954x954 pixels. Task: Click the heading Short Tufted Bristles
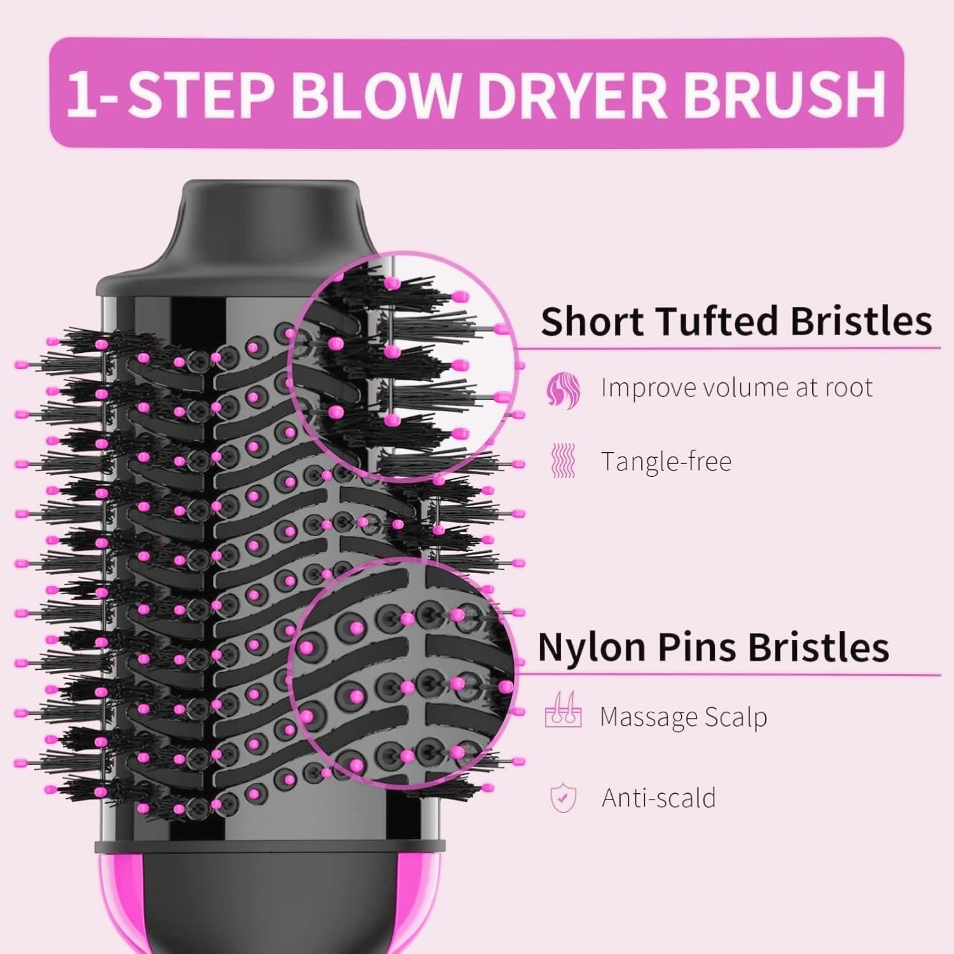[x=736, y=321]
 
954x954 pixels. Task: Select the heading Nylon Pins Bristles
[x=713, y=647]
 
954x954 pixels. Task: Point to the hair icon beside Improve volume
[x=563, y=389]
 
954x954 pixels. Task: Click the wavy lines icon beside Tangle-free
[x=562, y=461]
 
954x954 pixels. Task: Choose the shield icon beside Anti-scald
[x=563, y=798]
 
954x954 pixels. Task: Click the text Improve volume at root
[x=736, y=388]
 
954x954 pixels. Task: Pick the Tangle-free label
[x=666, y=461]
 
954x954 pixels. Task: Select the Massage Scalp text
[x=683, y=717]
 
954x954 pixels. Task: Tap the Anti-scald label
[x=658, y=798]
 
